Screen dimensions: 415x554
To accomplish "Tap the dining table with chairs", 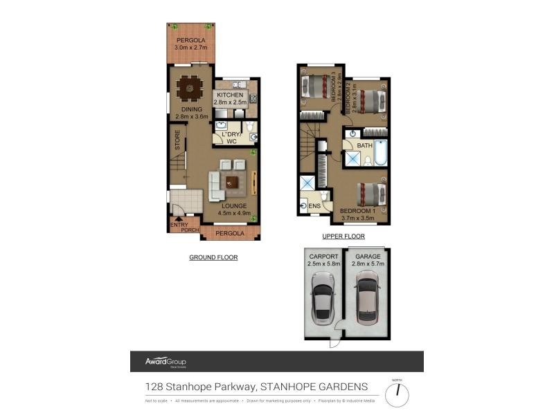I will pos(188,89).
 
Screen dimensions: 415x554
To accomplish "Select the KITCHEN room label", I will pos(230,95).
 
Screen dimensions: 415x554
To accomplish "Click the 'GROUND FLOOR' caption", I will pos(213,257).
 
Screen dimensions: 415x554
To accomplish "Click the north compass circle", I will pos(397,395).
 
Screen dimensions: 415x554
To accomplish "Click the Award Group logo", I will pos(165,362).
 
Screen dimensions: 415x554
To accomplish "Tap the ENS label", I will pos(314,205).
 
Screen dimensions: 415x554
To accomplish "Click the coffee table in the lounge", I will pos(231,181).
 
